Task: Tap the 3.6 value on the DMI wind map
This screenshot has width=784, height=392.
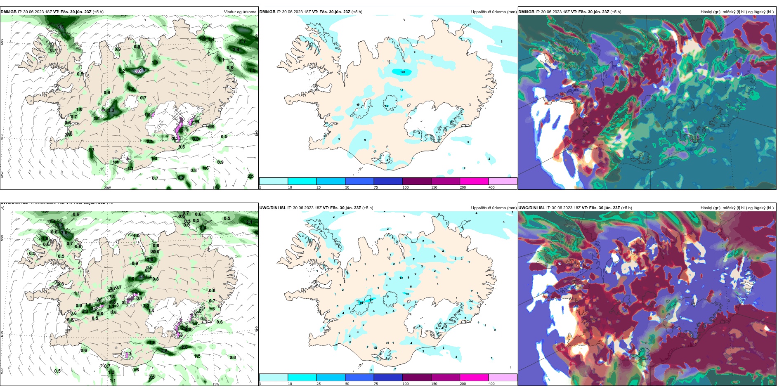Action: coord(60,27)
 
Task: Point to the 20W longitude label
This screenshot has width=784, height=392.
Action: coord(107,188)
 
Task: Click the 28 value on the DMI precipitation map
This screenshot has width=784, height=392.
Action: coord(403,72)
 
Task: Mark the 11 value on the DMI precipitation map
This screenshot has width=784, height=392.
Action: coord(401,90)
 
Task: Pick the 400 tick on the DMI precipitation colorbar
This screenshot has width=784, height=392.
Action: coord(491,187)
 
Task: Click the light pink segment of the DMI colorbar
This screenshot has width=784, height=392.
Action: coord(503,181)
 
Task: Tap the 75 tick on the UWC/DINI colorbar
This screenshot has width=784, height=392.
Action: coord(376,384)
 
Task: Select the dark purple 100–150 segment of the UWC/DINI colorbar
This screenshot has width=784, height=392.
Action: coord(417,378)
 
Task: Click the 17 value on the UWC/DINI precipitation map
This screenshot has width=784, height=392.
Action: coord(371,300)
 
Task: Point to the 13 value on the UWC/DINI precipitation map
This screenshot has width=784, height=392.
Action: coord(407,294)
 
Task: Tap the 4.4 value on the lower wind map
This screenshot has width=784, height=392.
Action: coord(142,277)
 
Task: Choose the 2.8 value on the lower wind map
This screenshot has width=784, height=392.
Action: coord(164,351)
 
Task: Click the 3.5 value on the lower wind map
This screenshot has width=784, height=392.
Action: coord(151,377)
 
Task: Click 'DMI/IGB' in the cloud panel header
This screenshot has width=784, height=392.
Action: coord(526,12)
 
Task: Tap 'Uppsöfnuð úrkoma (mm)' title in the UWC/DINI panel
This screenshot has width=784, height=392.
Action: coord(494,208)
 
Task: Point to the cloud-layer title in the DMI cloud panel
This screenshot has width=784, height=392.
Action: coord(737,12)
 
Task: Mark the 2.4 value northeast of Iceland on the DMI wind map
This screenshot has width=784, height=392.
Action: coord(236,50)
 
